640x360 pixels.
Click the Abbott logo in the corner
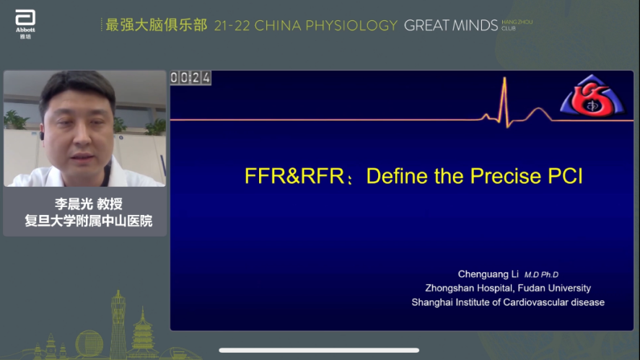coord(25,22)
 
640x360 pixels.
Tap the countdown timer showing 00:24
coord(190,78)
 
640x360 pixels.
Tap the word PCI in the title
coord(563,177)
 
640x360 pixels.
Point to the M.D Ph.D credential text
coord(541,275)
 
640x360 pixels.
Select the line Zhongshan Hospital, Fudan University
coord(508,288)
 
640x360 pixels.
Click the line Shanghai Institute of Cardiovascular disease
coord(508,302)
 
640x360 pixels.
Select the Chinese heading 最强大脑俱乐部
coord(157,25)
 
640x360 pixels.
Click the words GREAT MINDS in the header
coord(451,26)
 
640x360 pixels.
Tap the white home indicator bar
coord(319,351)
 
